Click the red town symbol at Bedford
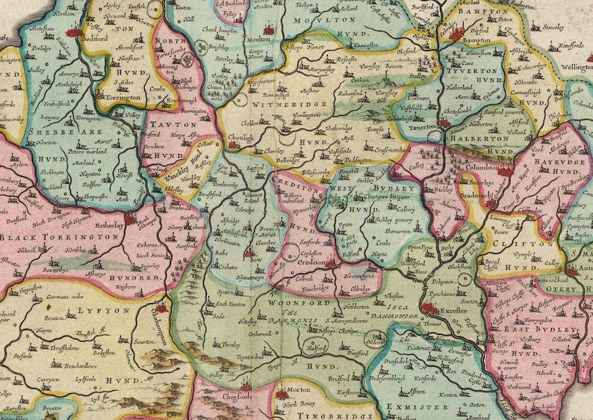pyautogui.click(x=72, y=32)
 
